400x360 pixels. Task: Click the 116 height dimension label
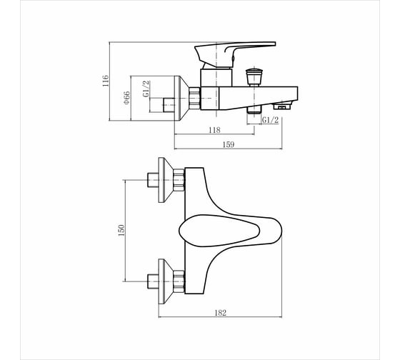tap(106, 81)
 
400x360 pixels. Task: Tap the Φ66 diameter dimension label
tap(126, 98)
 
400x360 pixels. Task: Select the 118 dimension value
tap(214, 130)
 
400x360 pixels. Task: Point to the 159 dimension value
tap(229, 145)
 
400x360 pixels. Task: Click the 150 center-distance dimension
tap(121, 230)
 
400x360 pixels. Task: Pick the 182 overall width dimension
tap(220, 313)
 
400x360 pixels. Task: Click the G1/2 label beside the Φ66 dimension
tap(146, 89)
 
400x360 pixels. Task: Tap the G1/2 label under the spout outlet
tap(271, 120)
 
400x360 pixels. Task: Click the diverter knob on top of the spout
tap(254, 77)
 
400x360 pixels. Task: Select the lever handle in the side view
tap(235, 54)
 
